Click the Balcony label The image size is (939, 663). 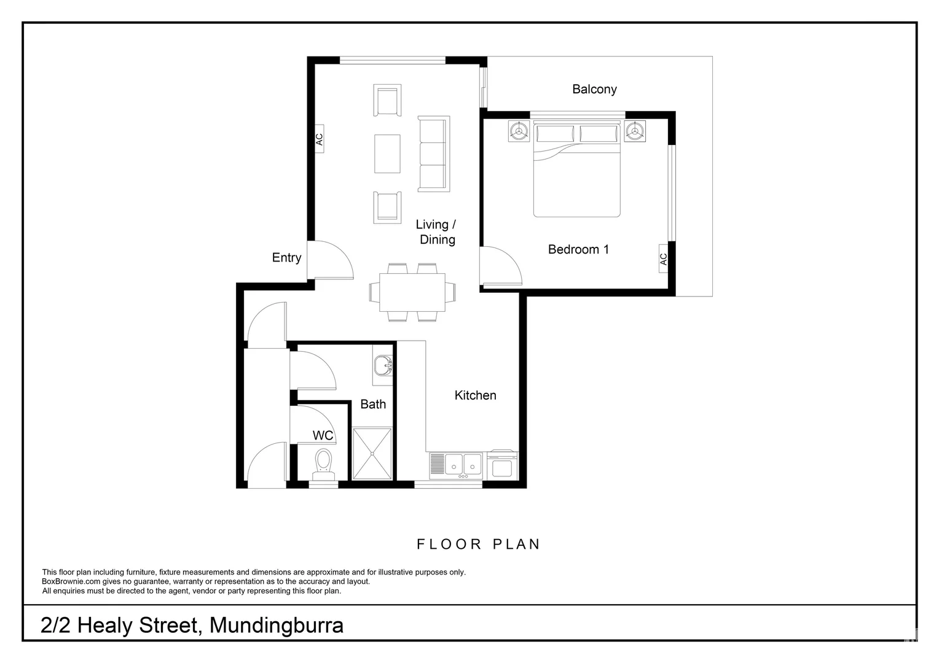tap(594, 89)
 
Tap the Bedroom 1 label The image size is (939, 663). tap(578, 249)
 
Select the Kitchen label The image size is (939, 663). tap(475, 395)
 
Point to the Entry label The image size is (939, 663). tap(286, 258)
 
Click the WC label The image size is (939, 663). tap(323, 435)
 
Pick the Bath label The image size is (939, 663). tap(373, 404)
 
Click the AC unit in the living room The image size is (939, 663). tap(319, 139)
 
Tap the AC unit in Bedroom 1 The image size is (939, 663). tap(663, 259)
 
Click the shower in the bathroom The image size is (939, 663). tap(372, 454)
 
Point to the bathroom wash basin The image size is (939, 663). tap(384, 366)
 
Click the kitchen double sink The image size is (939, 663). tap(464, 464)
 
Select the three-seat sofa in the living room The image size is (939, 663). tap(433, 154)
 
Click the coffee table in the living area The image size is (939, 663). tap(387, 153)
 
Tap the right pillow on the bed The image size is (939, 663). tap(599, 133)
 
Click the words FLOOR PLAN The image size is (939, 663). tap(478, 544)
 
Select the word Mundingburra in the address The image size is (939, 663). tap(276, 625)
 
